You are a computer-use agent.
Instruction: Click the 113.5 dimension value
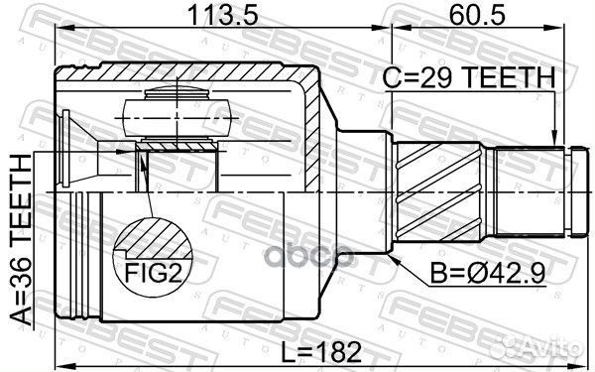coord(223,15)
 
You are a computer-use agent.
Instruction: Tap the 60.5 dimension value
coord(477,15)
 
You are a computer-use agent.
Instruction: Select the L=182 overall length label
coord(321,352)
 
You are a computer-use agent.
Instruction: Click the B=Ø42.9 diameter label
coord(488,273)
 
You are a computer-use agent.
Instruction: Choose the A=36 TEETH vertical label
coord(21,240)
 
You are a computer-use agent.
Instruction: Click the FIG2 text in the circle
coord(154,274)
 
